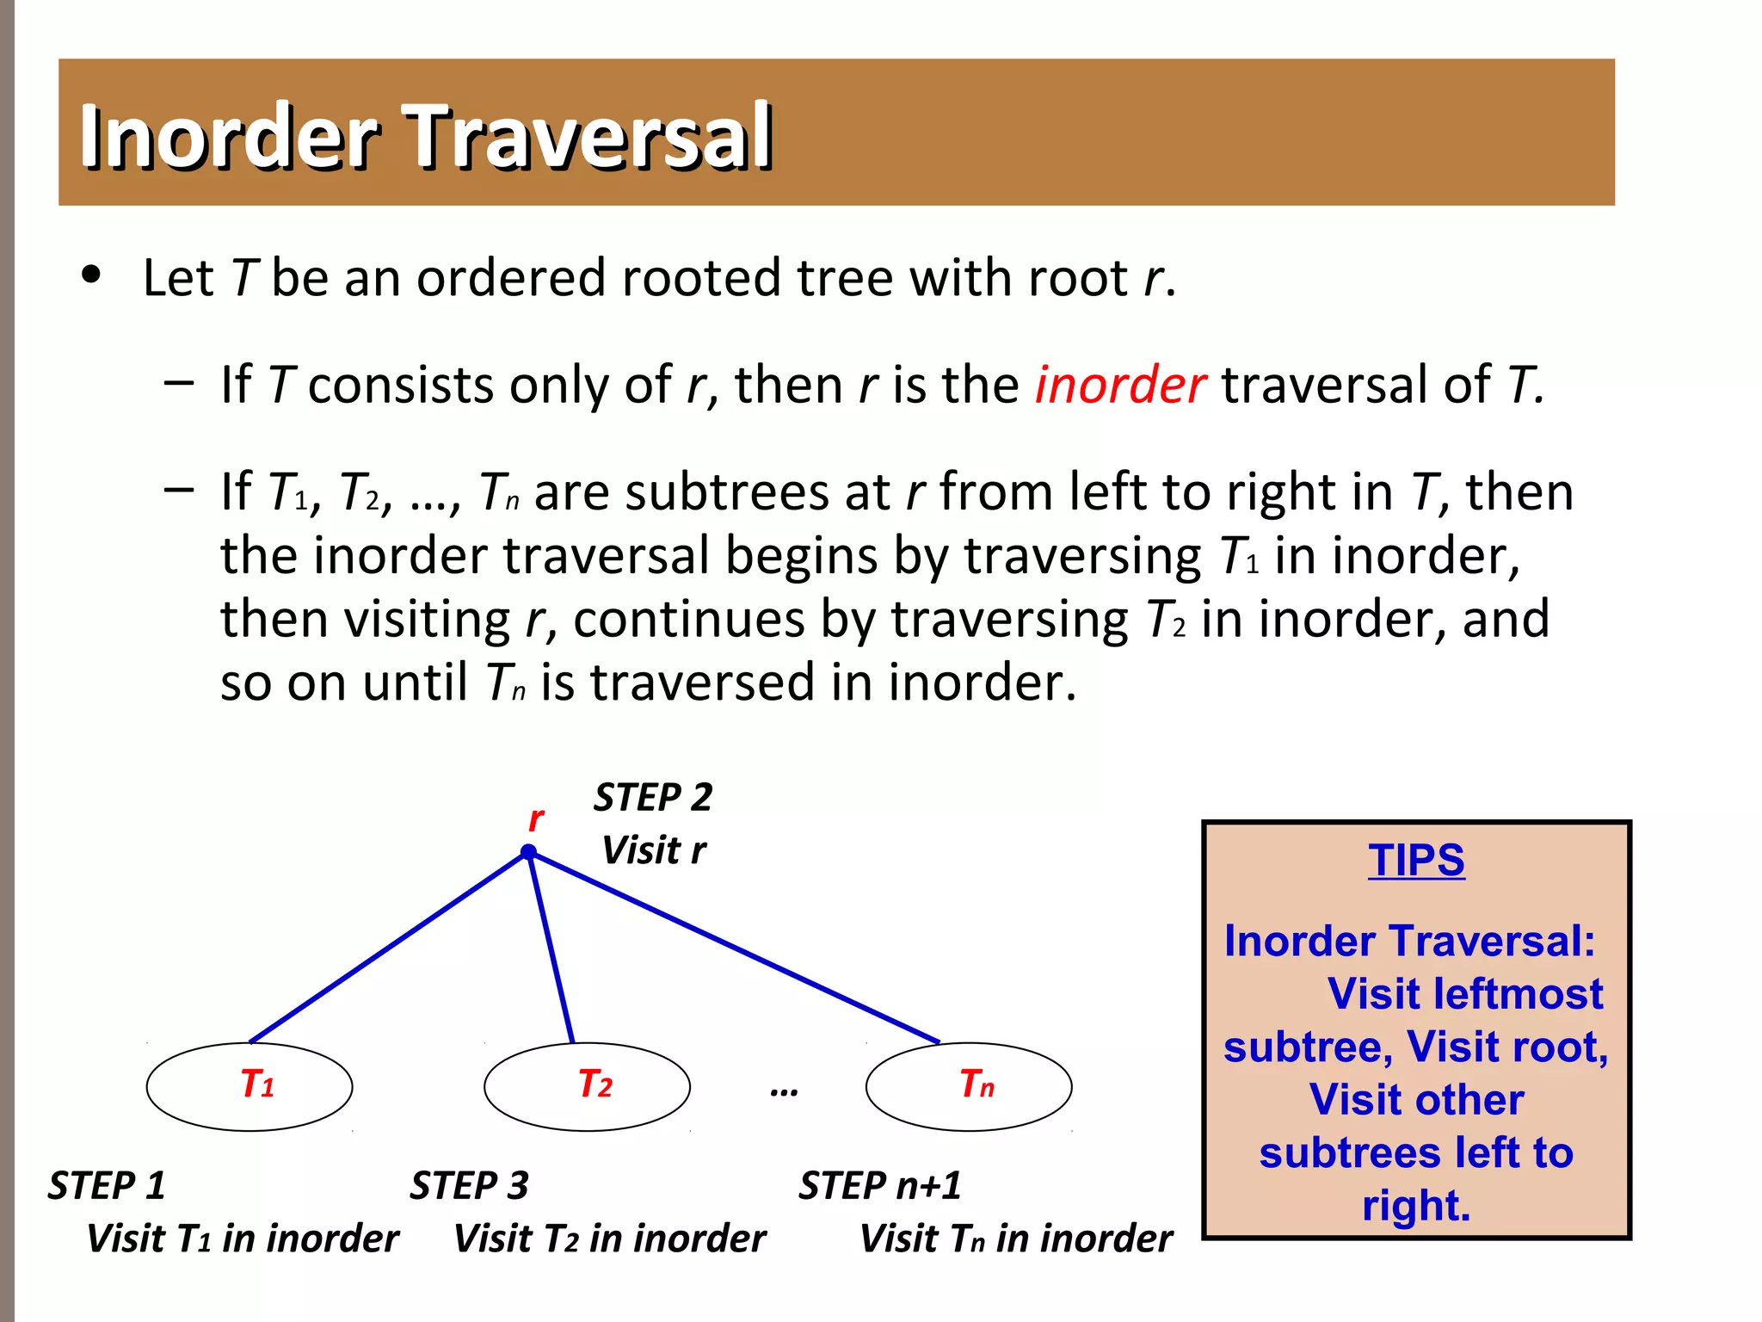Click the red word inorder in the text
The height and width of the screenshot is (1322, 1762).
click(x=1119, y=385)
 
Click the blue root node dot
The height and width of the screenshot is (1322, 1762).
click(x=528, y=852)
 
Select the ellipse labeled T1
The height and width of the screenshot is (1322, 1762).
click(x=249, y=1086)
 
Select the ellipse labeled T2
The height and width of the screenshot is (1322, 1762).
click(x=587, y=1086)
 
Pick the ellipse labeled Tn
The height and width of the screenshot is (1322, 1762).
click(x=969, y=1086)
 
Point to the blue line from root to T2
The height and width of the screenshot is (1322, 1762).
click(x=551, y=947)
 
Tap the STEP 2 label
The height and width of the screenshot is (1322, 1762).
click(x=653, y=797)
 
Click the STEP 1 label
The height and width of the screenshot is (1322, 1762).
click(x=107, y=1185)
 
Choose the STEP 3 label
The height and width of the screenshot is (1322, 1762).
click(x=469, y=1185)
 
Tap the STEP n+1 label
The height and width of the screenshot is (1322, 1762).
click(x=879, y=1185)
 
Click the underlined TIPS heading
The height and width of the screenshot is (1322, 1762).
click(x=1416, y=860)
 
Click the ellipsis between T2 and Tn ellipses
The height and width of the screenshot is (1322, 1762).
click(x=784, y=1091)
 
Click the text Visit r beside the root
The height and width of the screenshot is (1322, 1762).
click(x=654, y=850)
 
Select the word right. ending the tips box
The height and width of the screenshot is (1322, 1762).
click(x=1416, y=1206)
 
